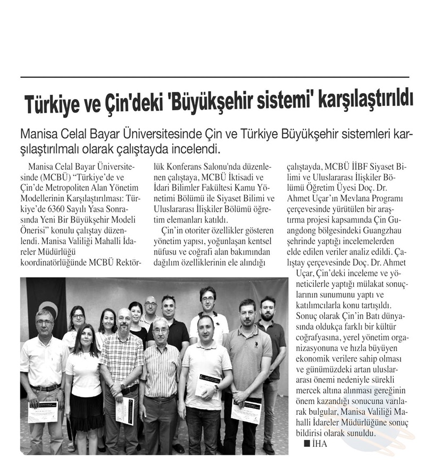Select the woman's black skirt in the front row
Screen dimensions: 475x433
pos(85,411)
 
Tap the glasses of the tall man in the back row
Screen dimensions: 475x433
pos(207,299)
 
